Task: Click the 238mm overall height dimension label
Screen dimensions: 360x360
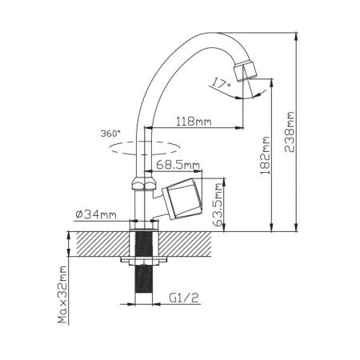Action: pos(290,132)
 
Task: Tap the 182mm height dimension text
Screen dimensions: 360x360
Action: pos(265,156)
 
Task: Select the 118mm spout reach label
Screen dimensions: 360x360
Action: pos(194,122)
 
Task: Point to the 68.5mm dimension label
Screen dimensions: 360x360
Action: pos(178,165)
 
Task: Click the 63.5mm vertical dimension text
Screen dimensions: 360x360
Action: pos(219,205)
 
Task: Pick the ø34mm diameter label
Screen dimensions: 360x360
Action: pos(96,214)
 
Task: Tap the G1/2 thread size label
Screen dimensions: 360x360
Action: pos(184,298)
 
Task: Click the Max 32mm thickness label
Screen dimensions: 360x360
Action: pos(62,294)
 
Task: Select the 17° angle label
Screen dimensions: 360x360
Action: pos(221,83)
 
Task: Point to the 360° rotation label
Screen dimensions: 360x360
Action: pos(110,134)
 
